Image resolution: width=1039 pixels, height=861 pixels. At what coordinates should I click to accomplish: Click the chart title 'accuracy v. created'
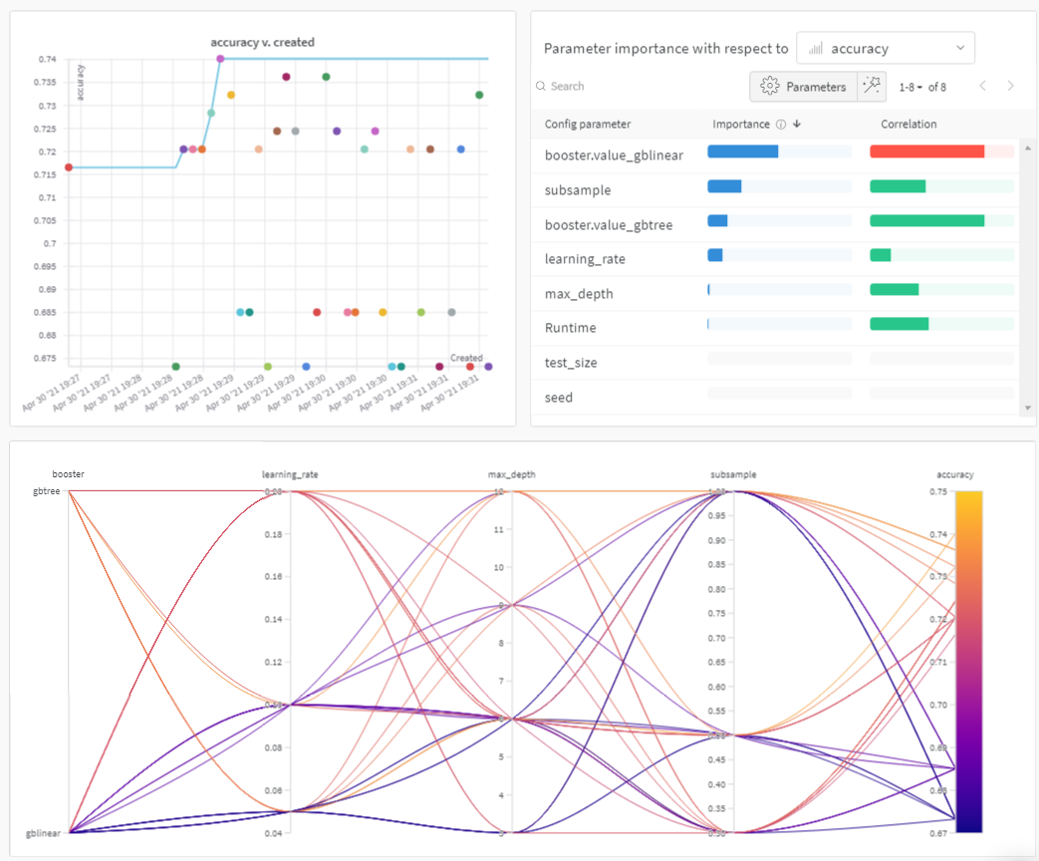click(262, 43)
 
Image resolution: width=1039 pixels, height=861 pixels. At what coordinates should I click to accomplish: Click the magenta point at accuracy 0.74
click(220, 59)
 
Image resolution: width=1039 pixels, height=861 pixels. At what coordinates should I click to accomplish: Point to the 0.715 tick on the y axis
click(47, 174)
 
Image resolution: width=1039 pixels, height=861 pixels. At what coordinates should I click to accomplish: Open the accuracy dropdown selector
click(886, 48)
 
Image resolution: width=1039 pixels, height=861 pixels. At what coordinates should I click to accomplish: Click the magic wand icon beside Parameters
click(872, 87)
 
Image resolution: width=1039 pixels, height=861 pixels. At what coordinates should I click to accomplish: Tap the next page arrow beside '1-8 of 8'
click(1010, 87)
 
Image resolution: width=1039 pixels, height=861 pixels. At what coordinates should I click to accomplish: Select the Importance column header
click(741, 125)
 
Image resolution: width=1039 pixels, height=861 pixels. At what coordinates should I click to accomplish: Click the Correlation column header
click(909, 125)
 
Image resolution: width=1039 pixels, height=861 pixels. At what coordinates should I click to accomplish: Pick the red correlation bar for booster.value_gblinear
click(926, 151)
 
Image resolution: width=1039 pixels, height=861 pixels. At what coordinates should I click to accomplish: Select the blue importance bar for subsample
click(724, 186)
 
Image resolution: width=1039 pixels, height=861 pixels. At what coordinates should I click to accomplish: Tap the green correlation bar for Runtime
click(899, 324)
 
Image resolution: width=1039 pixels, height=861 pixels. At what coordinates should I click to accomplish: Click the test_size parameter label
click(571, 363)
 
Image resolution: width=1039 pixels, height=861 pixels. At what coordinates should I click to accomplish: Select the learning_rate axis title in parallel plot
click(290, 474)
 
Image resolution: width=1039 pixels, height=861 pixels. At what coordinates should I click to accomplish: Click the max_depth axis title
click(512, 474)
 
